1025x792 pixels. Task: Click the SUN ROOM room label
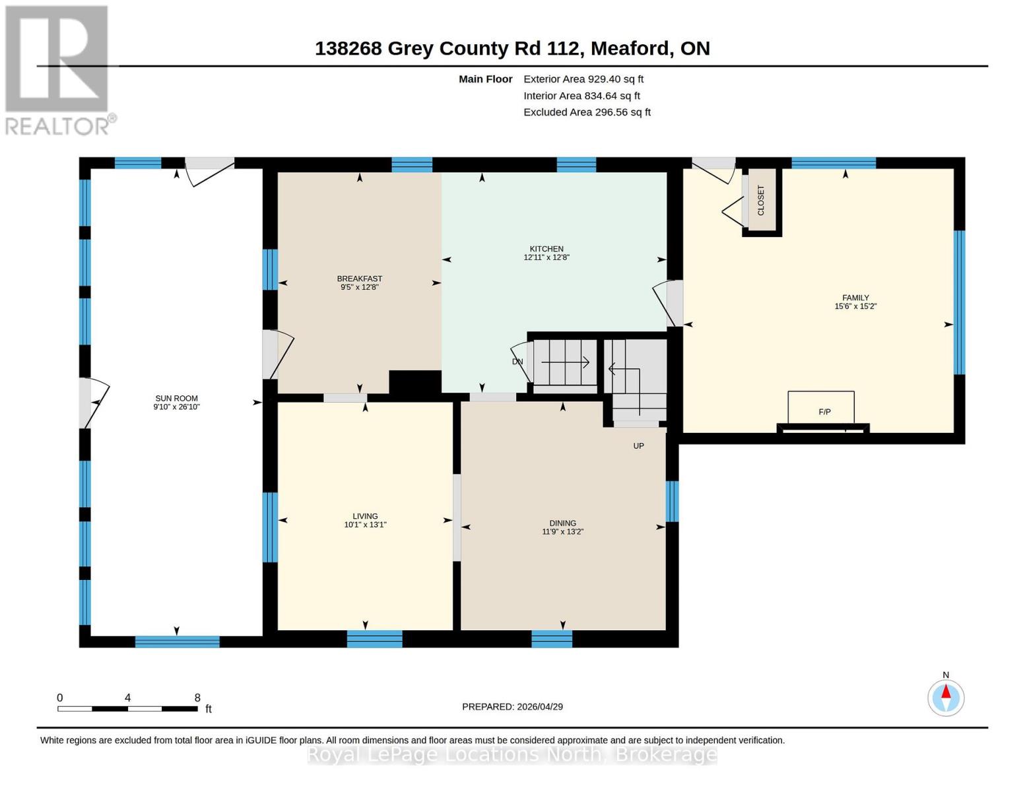click(176, 398)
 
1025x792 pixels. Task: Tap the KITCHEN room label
click(546, 249)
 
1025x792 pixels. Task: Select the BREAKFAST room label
click(359, 279)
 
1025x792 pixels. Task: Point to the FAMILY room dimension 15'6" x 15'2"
click(855, 306)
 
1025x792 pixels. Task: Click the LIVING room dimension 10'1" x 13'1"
click(365, 525)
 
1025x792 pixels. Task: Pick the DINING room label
click(562, 523)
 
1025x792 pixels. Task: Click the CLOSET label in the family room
click(761, 200)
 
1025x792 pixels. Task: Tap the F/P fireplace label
click(824, 412)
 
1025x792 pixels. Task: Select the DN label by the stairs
click(517, 362)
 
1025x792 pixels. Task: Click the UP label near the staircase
click(638, 446)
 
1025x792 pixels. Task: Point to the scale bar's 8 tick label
click(197, 698)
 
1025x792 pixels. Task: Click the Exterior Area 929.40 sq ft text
click(583, 79)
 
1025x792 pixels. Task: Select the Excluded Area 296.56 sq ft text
click(587, 112)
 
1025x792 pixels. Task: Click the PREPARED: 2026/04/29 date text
click(512, 707)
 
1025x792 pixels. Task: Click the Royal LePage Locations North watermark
click(512, 754)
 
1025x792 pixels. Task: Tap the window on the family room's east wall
click(959, 302)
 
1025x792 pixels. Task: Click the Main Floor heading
click(485, 79)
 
